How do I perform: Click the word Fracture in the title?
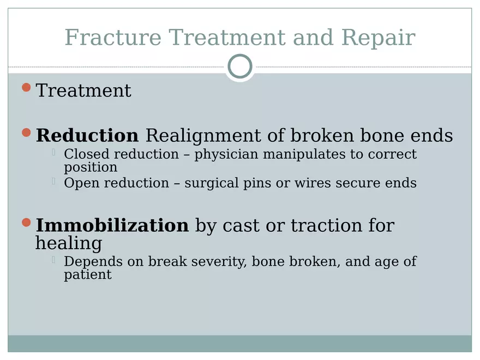pos(113,37)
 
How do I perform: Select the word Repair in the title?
pos(378,38)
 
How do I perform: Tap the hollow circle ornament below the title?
pos(240,67)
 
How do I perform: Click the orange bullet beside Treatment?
pos(26,88)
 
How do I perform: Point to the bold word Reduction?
pos(87,135)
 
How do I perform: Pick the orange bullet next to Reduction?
pos(26,133)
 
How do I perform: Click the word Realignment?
pos(203,136)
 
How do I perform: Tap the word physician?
pos(226,154)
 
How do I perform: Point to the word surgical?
pos(211,184)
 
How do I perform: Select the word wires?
pos(313,183)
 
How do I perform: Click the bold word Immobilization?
pos(112,225)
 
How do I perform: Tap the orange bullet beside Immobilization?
pos(26,223)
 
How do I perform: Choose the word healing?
pos(69,244)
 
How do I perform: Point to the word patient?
pos(88,274)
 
